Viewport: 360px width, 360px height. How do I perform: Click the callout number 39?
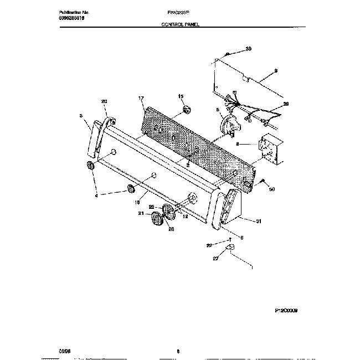coord(249,49)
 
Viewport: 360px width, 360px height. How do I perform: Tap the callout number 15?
coord(180,96)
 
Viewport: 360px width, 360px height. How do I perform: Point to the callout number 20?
coord(104,101)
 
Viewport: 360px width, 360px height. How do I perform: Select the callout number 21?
coord(141,213)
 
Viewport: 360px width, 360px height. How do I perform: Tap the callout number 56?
coord(272,189)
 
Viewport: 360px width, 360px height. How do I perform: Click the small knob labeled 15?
coord(187,107)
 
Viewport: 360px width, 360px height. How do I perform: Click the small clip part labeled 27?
coord(232,246)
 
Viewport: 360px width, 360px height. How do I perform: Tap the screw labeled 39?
coord(228,54)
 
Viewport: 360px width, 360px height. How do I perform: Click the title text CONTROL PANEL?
coord(179,25)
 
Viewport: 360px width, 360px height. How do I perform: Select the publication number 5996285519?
coord(58,18)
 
